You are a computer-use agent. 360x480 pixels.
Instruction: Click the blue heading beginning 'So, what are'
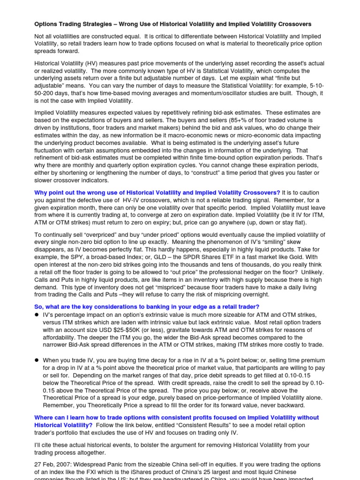point(147,306)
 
